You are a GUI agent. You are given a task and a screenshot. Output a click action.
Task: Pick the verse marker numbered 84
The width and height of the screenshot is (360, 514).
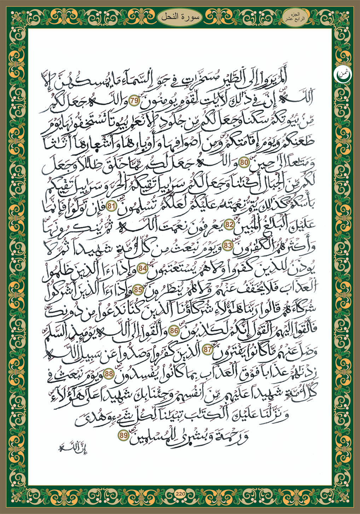pyautogui.click(x=143, y=268)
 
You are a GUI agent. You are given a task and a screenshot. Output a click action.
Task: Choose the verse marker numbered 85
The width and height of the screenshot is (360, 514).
pyautogui.click(x=138, y=290)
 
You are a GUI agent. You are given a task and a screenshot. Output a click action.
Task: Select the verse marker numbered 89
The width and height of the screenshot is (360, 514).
pyautogui.click(x=123, y=436)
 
